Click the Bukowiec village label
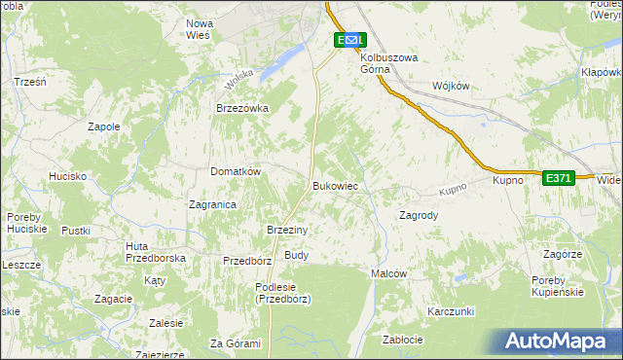(x=336, y=185)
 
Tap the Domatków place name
(x=236, y=171)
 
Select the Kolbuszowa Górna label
(x=388, y=62)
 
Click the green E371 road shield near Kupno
(x=558, y=178)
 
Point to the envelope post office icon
(x=351, y=40)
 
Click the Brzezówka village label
(x=241, y=109)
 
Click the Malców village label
(x=388, y=274)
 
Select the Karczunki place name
(x=450, y=311)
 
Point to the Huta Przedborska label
(x=156, y=253)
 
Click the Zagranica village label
(x=213, y=204)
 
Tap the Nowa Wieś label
(x=200, y=28)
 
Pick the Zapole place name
(x=104, y=126)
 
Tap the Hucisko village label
(x=68, y=176)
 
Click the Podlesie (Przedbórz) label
(x=282, y=293)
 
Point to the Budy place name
(x=296, y=255)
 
